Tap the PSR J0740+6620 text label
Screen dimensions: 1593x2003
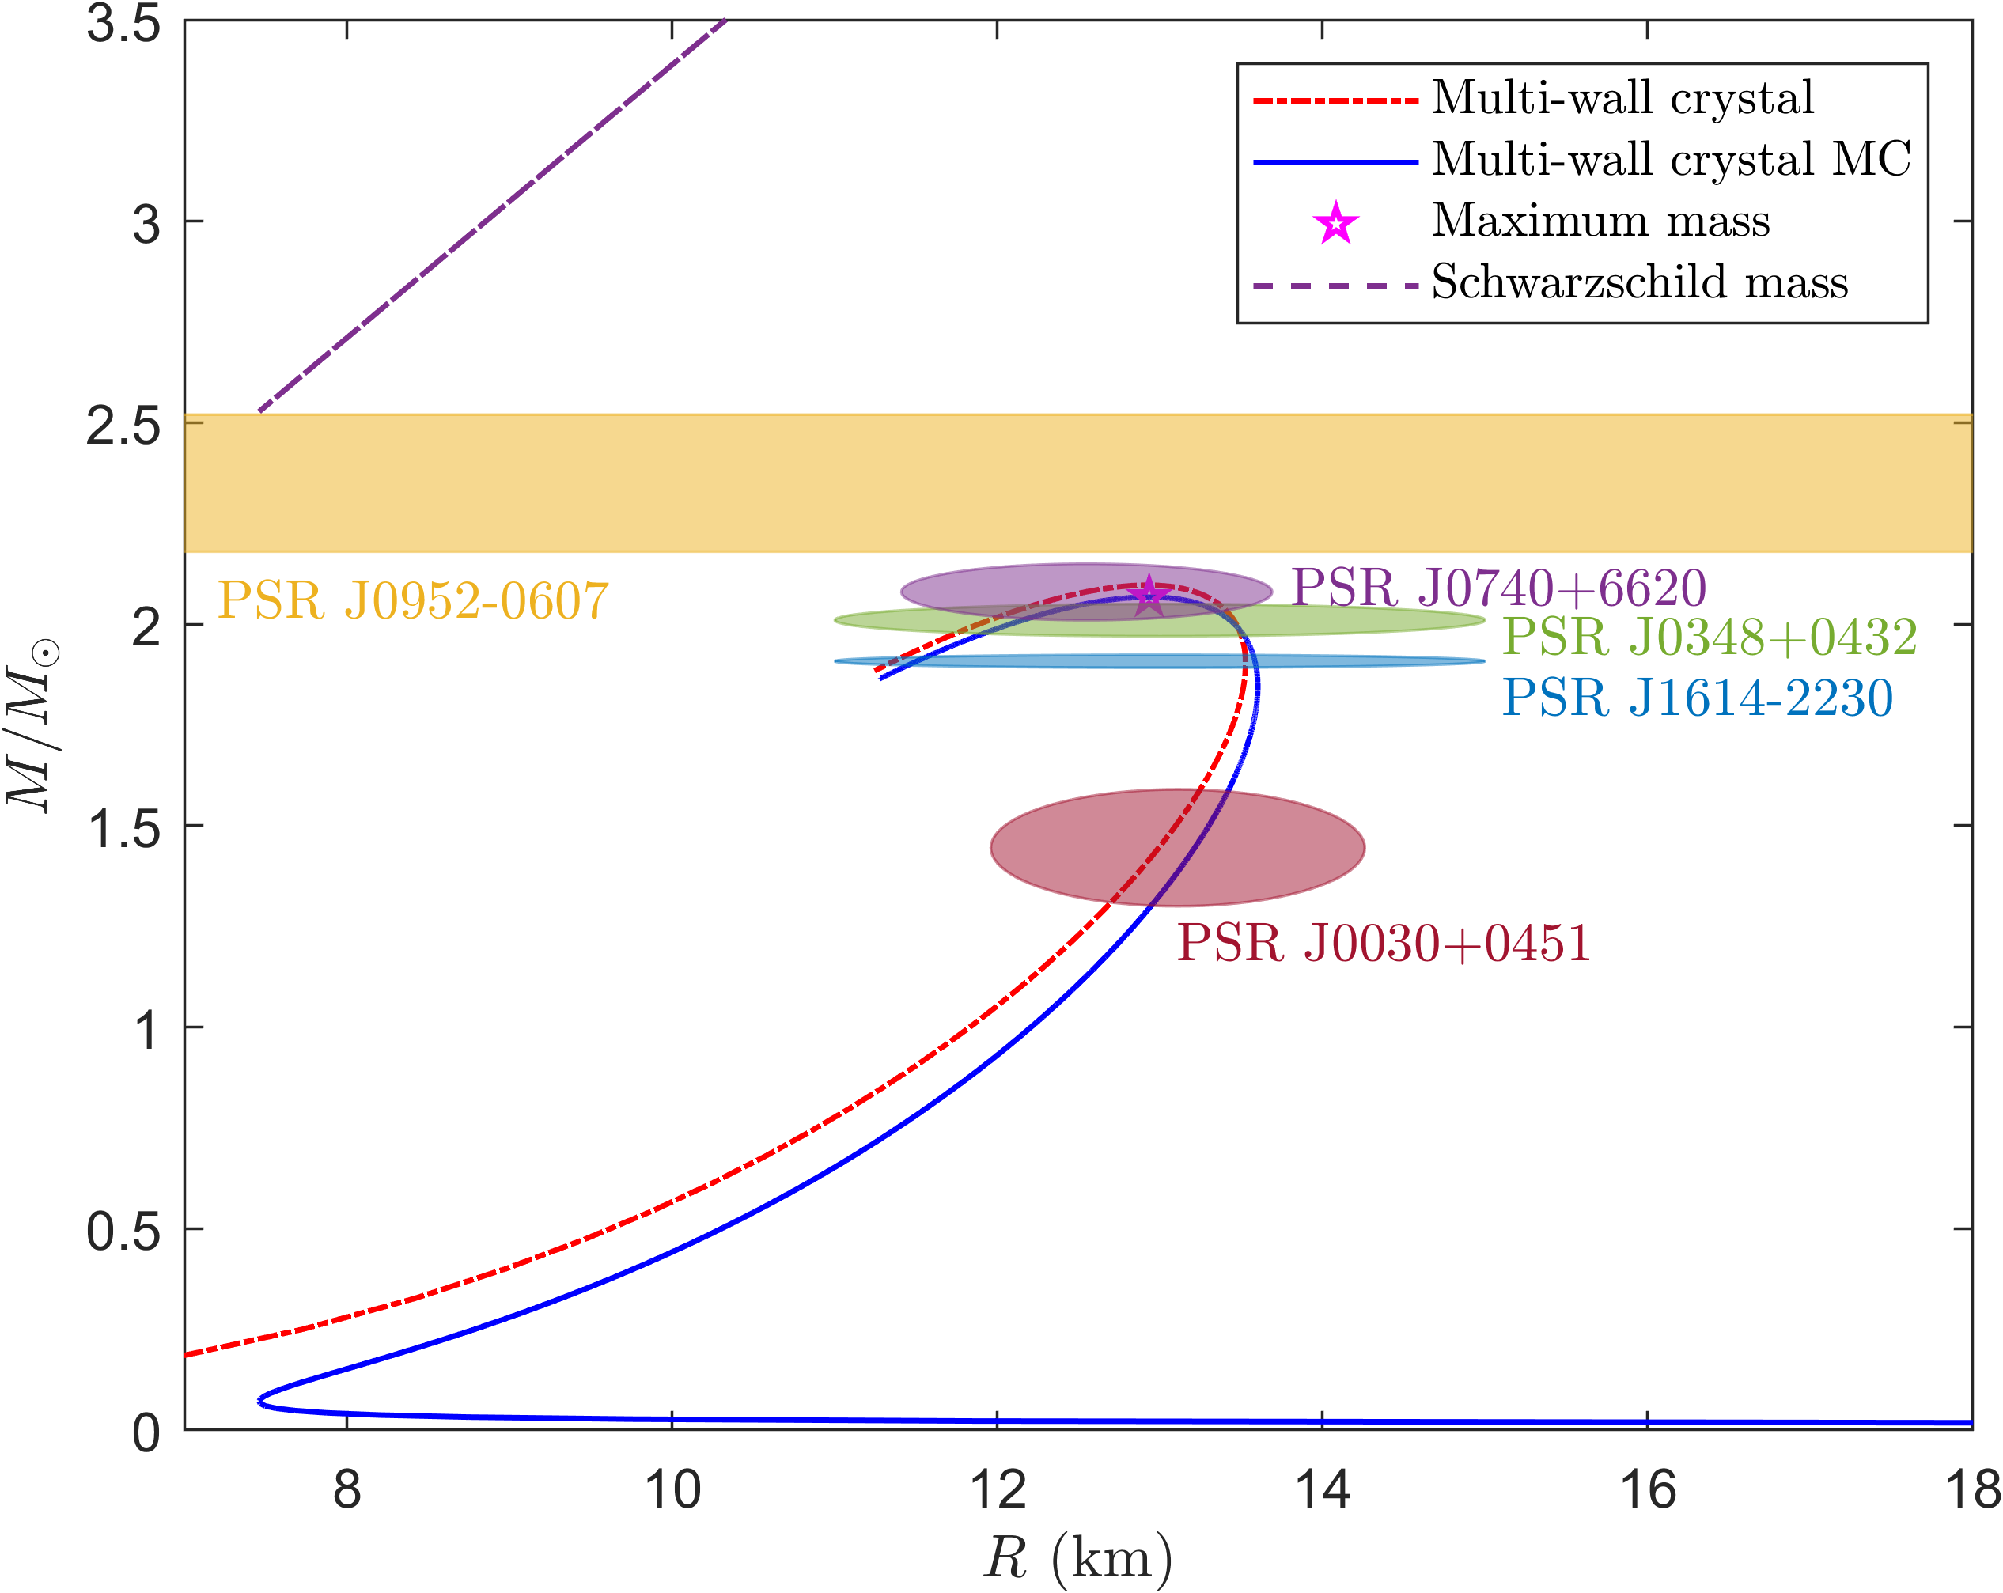pos(1498,588)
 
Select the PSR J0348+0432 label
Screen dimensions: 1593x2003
pos(1710,638)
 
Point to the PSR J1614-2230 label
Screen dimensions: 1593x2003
pos(1698,698)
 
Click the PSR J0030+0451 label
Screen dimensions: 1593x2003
pos(1384,944)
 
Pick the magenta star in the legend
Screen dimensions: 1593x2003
pos(1335,223)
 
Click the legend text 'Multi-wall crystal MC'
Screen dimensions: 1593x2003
pos(1672,159)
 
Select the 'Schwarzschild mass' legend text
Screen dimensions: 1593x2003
pos(1640,282)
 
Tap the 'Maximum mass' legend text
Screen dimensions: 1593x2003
pos(1600,220)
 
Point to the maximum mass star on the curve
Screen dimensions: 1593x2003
pos(1149,595)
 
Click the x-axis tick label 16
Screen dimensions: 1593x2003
pos(1647,1491)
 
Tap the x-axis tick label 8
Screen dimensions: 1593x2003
pos(346,1491)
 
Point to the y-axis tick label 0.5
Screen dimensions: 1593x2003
pos(123,1232)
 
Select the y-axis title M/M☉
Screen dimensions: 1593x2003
pos(33,725)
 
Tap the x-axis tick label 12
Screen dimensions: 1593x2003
pos(997,1491)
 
